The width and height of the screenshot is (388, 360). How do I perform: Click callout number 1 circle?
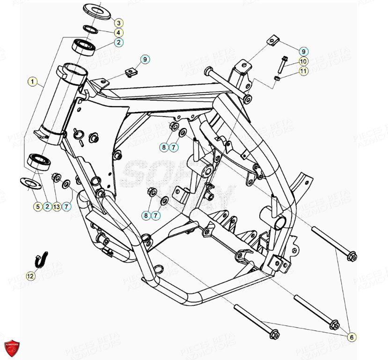pyautogui.click(x=32, y=82)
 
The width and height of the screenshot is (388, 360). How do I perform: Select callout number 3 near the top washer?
pyautogui.click(x=119, y=23)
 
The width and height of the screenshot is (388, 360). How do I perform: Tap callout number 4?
pyautogui.click(x=119, y=33)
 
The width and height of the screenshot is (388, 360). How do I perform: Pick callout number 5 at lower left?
pyautogui.click(x=37, y=206)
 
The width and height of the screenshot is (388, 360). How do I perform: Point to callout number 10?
pyautogui.click(x=303, y=61)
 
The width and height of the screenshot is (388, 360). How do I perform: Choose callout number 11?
pyautogui.click(x=303, y=71)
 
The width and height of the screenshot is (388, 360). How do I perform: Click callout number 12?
pyautogui.click(x=30, y=276)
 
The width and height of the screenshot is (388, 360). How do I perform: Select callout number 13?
pyautogui.click(x=57, y=206)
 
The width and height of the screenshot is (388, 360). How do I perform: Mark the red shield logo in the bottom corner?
pyautogui.click(x=13, y=347)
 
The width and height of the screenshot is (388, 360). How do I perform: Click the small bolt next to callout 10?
pyautogui.click(x=283, y=63)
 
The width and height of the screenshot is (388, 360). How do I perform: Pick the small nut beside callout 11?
pyautogui.click(x=277, y=77)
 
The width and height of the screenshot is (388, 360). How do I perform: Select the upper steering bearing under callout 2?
pyautogui.click(x=84, y=46)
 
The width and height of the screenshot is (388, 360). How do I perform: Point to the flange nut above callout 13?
pyautogui.click(x=56, y=177)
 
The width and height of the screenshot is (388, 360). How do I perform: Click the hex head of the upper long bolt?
pyautogui.click(x=352, y=256)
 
